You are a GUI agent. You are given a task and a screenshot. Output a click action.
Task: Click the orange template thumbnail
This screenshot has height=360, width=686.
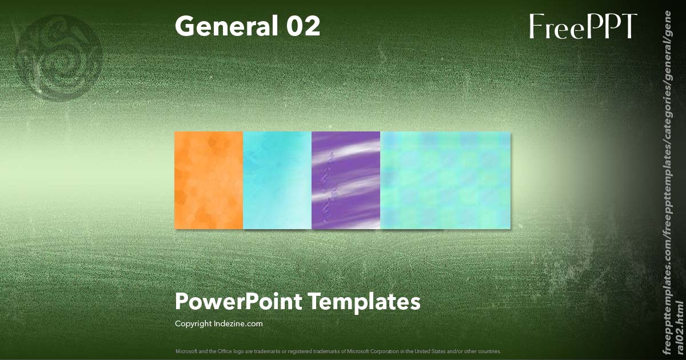click(x=209, y=180)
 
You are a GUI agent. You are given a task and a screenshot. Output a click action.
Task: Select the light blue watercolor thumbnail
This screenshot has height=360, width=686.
click(x=277, y=180)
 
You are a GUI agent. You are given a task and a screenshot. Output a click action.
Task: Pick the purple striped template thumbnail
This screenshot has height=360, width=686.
click(x=346, y=180)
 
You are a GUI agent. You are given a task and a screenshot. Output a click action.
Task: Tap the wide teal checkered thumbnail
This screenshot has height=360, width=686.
click(x=445, y=180)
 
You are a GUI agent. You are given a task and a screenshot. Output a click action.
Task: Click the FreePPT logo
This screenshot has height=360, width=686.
click(x=583, y=26)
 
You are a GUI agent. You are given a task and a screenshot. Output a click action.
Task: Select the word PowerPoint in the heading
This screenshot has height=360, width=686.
click(x=238, y=302)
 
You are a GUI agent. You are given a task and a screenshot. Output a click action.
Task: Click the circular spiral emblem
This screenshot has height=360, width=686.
click(x=64, y=57)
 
